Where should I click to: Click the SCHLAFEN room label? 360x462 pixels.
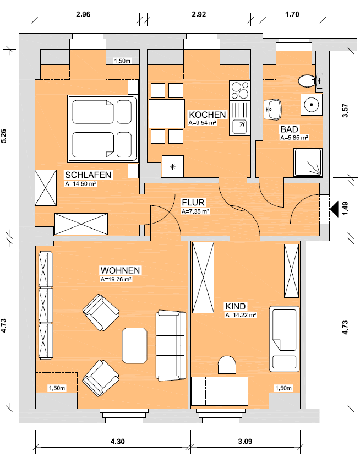pyautogui.click(x=88, y=175)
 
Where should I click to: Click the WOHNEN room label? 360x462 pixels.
pyautogui.click(x=120, y=270)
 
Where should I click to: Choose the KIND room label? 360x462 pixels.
pyautogui.click(x=235, y=306)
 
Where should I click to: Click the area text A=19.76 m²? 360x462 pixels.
pyautogui.click(x=116, y=280)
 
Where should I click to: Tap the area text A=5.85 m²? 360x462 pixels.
pyautogui.click(x=293, y=138)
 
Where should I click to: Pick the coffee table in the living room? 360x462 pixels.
pyautogui.click(x=135, y=345)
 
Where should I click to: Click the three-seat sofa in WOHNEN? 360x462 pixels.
pyautogui.click(x=171, y=345)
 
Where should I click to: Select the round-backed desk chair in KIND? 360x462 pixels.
pyautogui.click(x=226, y=366)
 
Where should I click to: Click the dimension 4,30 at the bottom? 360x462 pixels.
pyautogui.click(x=117, y=441)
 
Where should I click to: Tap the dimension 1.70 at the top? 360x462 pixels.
pyautogui.click(x=292, y=15)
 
